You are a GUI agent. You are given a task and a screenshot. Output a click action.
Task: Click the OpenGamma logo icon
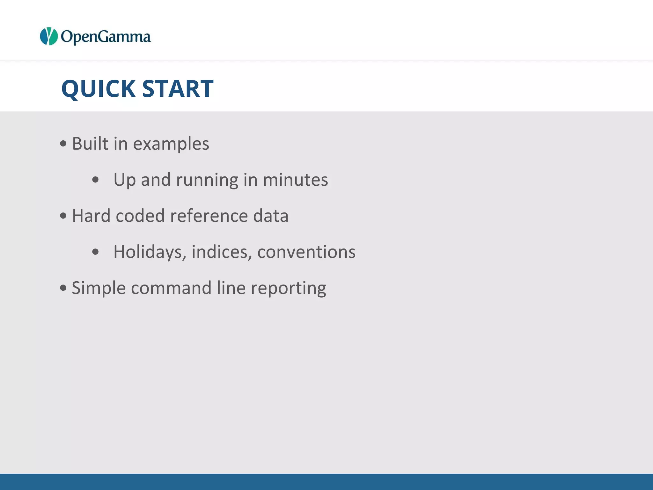[48, 36]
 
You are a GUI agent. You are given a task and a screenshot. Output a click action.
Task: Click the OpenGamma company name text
[106, 37]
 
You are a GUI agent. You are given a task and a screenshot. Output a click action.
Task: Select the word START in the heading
[178, 89]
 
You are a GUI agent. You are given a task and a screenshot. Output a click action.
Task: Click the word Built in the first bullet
[90, 144]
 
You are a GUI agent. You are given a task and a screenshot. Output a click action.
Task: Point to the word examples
[171, 144]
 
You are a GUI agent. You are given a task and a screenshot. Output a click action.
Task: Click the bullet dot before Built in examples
[63, 144]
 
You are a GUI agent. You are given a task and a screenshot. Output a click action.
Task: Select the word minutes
[295, 180]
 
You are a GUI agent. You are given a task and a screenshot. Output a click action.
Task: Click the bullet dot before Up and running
[95, 180]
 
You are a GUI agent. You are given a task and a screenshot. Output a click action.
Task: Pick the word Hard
[91, 216]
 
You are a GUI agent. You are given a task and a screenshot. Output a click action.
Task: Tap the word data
[271, 216]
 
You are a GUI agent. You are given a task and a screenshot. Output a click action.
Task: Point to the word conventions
[306, 252]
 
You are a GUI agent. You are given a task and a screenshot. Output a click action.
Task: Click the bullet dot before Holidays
[95, 252]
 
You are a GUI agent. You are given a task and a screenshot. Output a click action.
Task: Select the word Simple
[99, 288]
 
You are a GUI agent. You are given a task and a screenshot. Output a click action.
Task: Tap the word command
[171, 288]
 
